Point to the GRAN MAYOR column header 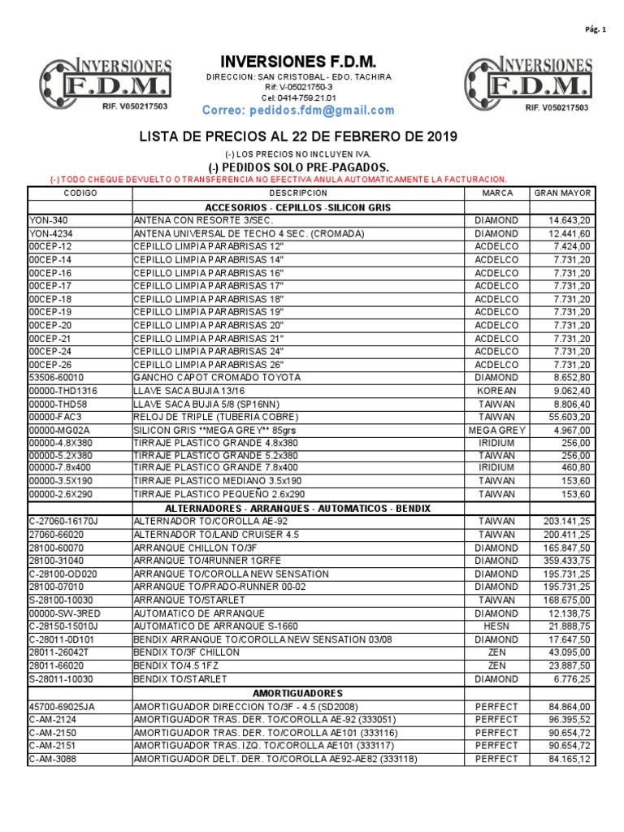[562, 193]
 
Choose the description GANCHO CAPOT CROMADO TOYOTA [217, 378]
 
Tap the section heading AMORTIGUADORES [298, 692]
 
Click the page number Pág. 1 [596, 29]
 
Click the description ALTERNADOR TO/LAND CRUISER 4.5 [212, 535]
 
